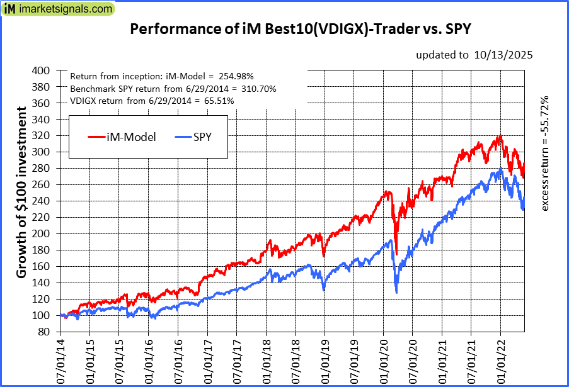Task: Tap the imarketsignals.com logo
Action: (59, 9)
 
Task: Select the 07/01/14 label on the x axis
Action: (61, 361)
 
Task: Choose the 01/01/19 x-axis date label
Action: (325, 361)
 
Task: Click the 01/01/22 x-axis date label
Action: (501, 361)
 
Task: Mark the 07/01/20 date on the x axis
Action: (413, 361)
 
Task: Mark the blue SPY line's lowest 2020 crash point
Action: (396, 293)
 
